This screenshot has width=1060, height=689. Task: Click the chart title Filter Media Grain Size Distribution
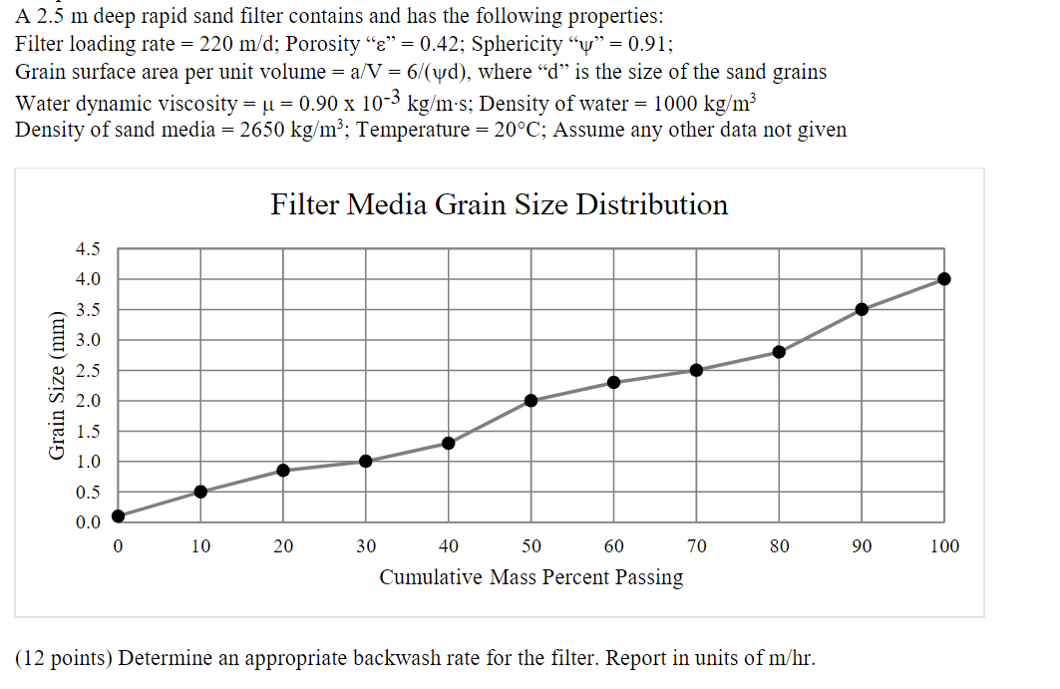[x=499, y=204]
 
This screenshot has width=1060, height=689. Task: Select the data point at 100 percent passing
[x=944, y=279]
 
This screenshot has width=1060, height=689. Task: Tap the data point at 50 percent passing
[x=530, y=401]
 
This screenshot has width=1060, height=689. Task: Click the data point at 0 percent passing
[x=119, y=516]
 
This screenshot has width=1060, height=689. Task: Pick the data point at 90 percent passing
[x=862, y=309]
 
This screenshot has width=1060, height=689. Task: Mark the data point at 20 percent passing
[x=283, y=470]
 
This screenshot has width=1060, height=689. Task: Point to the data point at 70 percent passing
[x=696, y=370]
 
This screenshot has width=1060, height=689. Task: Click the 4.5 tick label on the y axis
[x=88, y=249]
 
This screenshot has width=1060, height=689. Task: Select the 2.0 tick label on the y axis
[x=88, y=401]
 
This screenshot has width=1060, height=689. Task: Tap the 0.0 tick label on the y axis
[x=88, y=522]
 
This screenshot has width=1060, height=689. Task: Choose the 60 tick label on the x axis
[x=613, y=546]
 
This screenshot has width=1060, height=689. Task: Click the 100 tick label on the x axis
[x=944, y=546]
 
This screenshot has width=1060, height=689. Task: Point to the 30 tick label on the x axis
[x=366, y=546]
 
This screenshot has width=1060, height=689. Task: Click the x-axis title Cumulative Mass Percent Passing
[x=530, y=577]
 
